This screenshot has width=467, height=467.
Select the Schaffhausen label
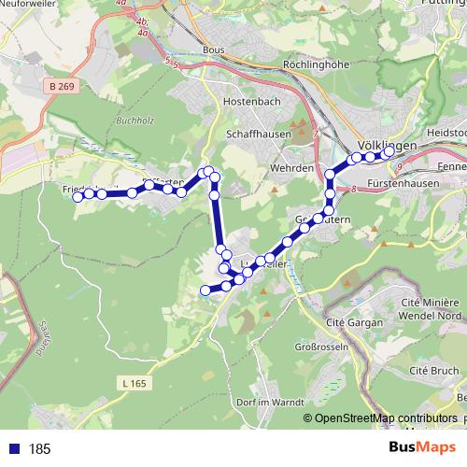coord(259,134)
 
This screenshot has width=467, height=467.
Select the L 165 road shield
coord(134,383)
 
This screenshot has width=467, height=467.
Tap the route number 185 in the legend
coord(40,449)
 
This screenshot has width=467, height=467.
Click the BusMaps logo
coord(417,447)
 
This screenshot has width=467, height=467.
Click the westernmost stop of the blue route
coord(78,195)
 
